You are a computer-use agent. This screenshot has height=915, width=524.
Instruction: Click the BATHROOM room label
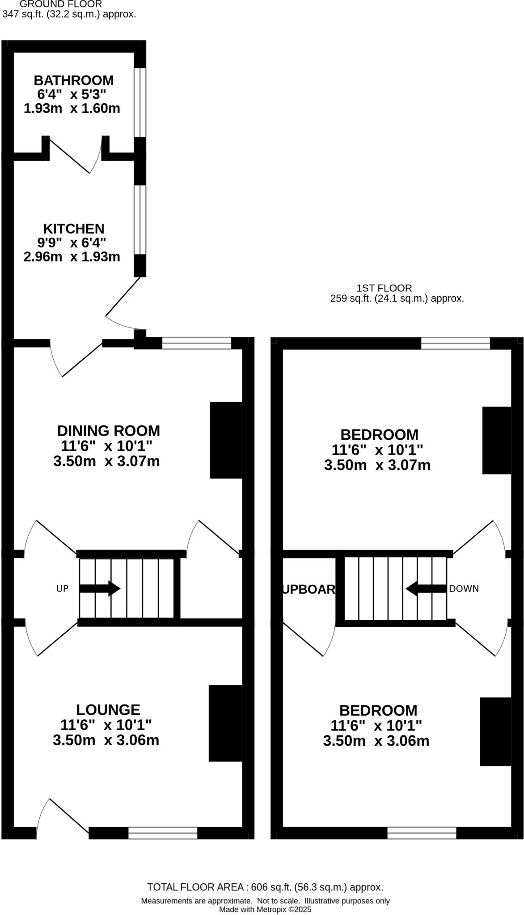coord(74,80)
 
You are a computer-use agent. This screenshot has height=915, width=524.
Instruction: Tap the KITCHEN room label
coord(74,229)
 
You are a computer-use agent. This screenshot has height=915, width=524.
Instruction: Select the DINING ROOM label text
coord(108,431)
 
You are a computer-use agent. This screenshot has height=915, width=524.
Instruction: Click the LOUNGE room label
coord(108,709)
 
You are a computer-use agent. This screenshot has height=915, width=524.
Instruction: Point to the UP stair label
coord(62,588)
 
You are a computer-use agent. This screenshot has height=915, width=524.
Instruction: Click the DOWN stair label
coord(464,588)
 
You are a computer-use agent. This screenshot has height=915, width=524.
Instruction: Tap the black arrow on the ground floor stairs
coord(100,588)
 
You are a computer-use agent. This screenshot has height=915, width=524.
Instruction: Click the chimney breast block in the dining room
coord(226,440)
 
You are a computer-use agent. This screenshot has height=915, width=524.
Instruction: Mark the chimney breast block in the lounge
coord(225,723)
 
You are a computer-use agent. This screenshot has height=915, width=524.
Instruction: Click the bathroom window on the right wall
coord(140,102)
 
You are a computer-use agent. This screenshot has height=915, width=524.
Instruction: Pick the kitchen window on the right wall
coord(140,219)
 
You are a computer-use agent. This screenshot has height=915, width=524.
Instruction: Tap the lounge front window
coord(163,833)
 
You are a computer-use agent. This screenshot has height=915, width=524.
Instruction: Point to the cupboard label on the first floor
coord(308,589)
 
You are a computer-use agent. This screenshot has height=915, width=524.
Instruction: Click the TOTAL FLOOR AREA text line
coord(265,887)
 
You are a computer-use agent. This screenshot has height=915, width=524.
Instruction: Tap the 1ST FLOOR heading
coord(384,288)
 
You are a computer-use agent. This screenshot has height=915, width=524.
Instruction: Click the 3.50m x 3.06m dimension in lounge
coord(106,740)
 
